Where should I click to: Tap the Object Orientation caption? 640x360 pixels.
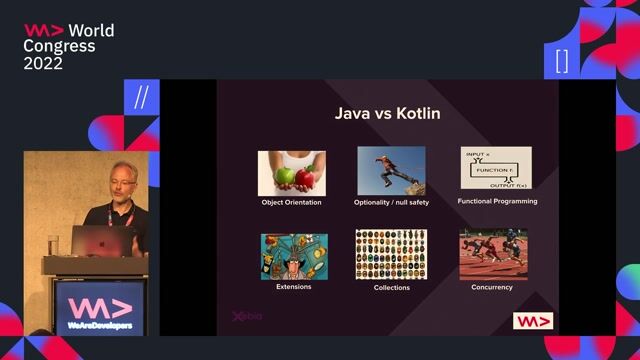tap(291, 202)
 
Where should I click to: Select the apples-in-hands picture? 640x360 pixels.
tap(291, 172)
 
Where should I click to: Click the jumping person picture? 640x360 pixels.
tap(391, 171)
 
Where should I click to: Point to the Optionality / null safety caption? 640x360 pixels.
tap(391, 202)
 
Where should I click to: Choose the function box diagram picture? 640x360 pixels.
tap(496, 168)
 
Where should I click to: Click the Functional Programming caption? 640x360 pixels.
tap(497, 201)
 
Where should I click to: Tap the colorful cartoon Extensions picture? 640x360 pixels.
tap(293, 256)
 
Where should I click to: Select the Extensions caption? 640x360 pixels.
tap(293, 287)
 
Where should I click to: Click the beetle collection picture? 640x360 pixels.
tap(391, 255)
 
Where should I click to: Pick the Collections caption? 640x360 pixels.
tap(391, 288)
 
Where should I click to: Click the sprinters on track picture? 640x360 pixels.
tap(492, 255)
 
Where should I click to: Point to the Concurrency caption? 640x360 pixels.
tap(492, 287)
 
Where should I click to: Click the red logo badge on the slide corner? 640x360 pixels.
tap(532, 321)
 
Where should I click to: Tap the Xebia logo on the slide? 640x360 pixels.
tap(247, 316)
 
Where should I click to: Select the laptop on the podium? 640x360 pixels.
tap(106, 240)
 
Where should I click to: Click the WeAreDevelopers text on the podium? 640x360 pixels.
tap(98, 324)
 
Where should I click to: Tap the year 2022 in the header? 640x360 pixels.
tap(44, 63)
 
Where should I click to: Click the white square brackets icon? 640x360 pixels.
tap(562, 60)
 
